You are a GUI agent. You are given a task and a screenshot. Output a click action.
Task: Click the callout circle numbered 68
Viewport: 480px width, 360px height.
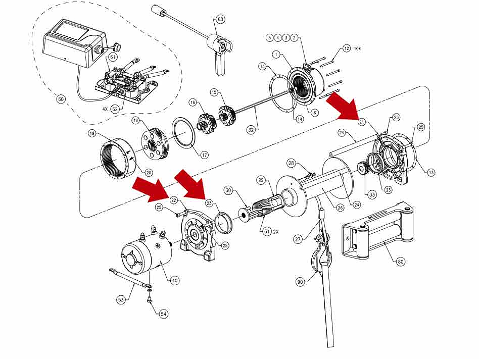[x=220, y=19]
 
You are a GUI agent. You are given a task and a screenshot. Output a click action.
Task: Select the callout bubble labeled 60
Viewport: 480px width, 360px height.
[x=61, y=99]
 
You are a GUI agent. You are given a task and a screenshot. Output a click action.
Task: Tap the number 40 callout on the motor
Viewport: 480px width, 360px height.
[x=175, y=280]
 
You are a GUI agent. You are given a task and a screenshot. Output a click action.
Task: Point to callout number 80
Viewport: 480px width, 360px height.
[x=401, y=262]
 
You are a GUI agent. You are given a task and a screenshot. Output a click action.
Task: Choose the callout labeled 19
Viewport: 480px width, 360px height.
[x=92, y=134]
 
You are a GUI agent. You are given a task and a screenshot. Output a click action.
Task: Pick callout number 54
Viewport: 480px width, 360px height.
[x=163, y=314]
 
